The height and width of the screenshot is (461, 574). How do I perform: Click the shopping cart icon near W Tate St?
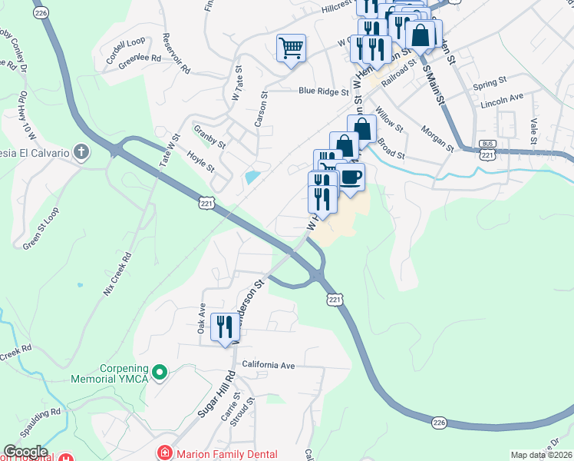(291, 49)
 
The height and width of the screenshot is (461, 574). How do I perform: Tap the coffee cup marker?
(351, 177)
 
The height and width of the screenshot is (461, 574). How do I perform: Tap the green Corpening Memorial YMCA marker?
(160, 373)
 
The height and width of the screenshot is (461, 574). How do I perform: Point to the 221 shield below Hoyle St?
(206, 203)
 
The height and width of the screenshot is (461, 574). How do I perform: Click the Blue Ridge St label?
(323, 91)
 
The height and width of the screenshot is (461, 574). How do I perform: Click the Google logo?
(25, 452)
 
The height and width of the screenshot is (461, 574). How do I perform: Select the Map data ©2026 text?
(542, 455)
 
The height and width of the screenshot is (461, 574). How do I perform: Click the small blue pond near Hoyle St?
(251, 177)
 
